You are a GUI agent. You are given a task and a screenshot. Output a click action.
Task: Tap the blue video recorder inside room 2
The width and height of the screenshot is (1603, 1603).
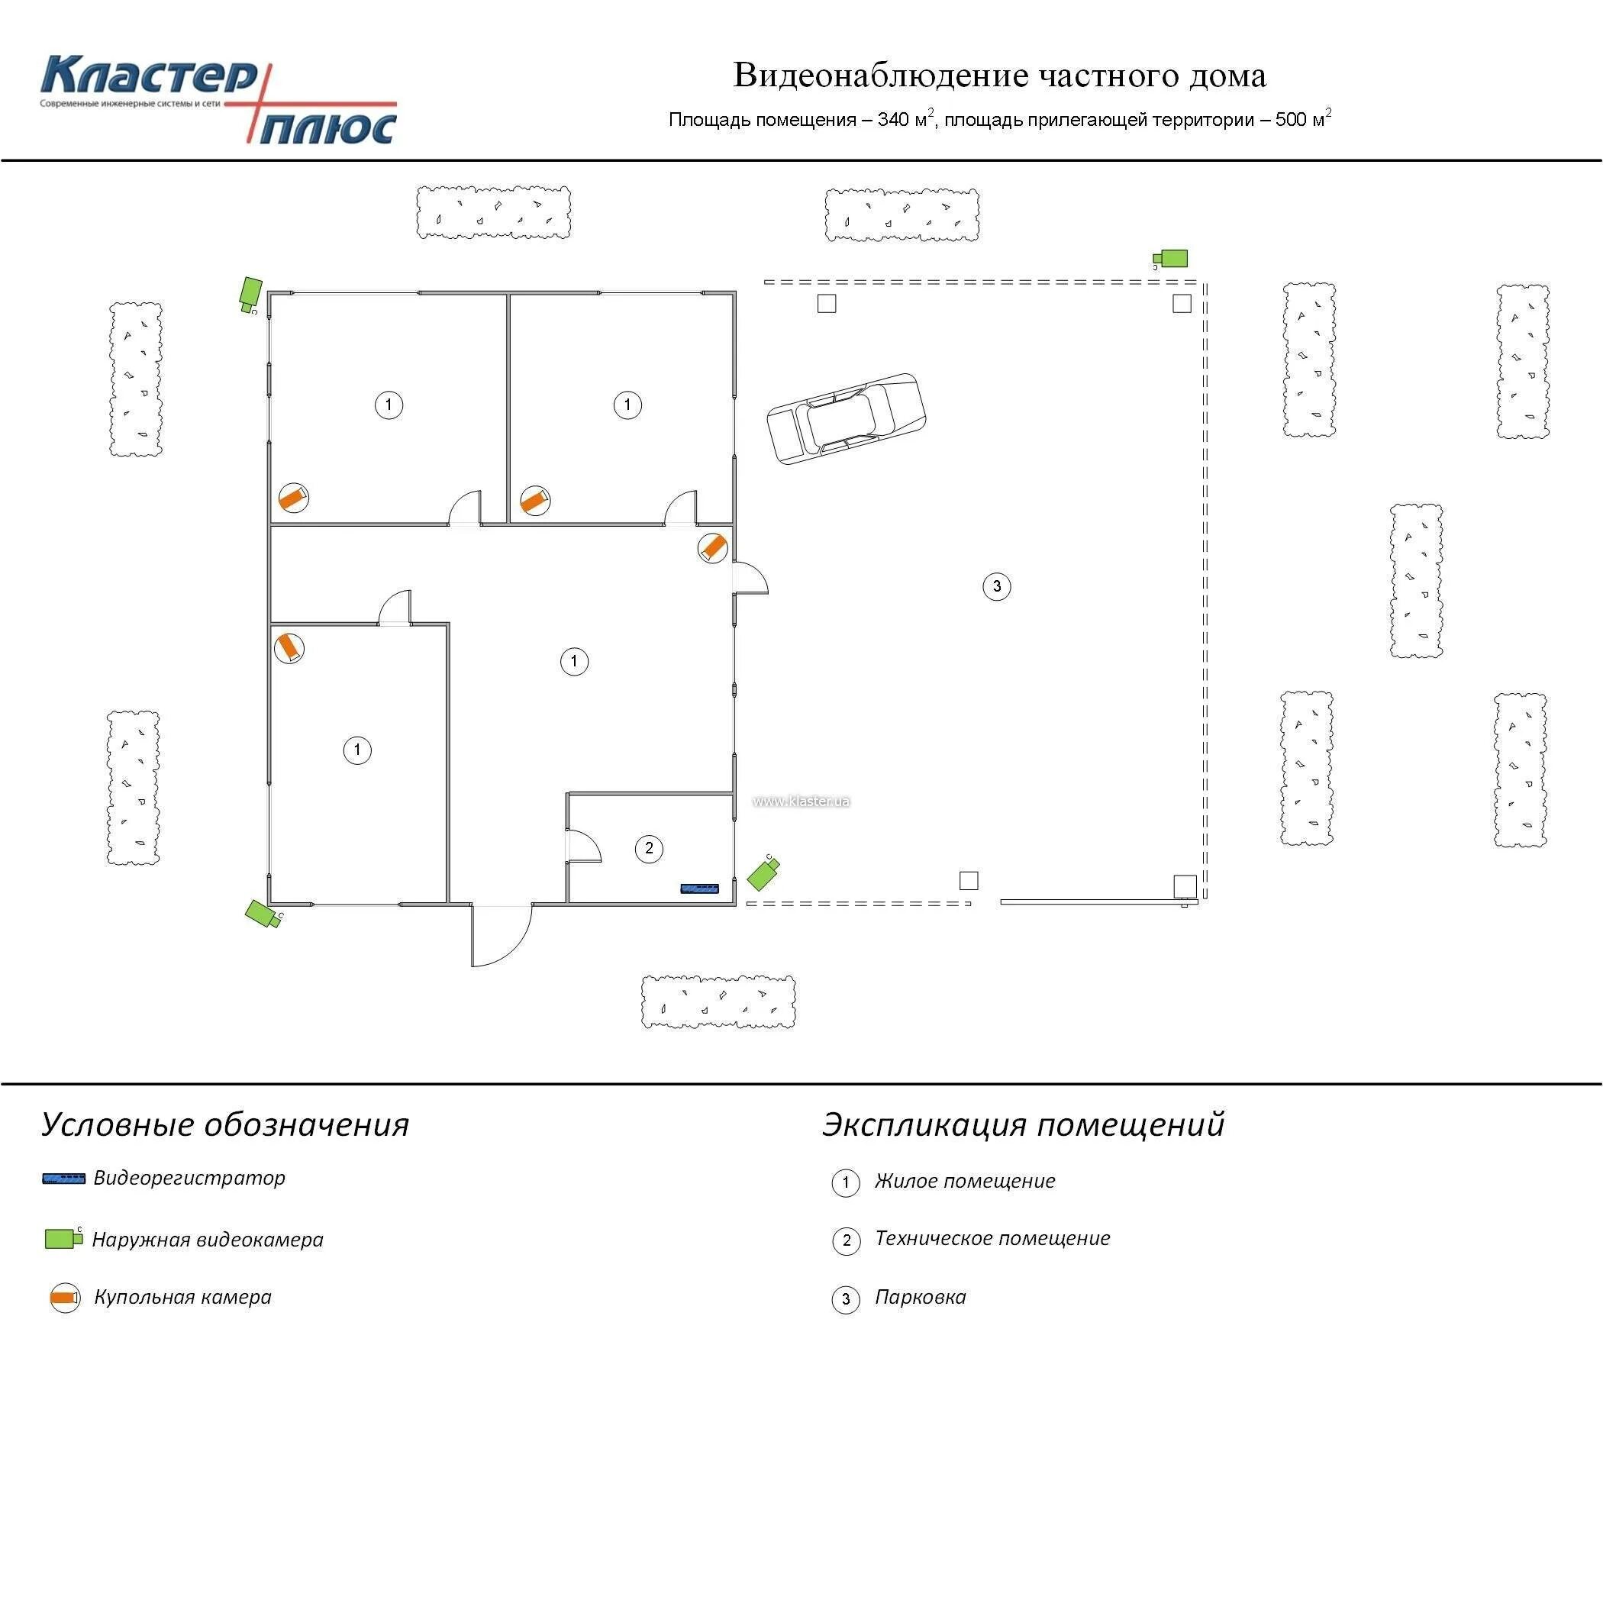[699, 889]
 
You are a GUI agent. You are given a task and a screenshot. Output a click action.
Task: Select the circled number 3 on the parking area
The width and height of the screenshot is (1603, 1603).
[996, 586]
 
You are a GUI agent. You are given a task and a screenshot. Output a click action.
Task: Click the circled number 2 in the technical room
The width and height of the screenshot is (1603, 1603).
[649, 848]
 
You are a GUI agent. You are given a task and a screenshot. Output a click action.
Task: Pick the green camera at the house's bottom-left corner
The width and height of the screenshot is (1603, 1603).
[264, 914]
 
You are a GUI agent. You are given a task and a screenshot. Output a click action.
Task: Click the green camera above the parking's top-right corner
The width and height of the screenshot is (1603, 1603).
[1172, 259]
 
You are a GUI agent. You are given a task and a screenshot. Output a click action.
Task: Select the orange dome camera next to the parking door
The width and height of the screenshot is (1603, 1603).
[713, 548]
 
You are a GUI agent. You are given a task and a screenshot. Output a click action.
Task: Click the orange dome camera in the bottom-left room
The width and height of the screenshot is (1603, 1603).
[289, 648]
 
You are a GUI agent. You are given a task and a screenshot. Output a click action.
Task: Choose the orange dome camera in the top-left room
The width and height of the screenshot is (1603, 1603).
[293, 498]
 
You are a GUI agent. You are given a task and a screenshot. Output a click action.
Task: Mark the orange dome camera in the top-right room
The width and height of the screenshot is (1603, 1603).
[535, 500]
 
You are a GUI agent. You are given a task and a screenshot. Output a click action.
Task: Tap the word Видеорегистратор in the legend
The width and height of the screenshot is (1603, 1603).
[189, 1178]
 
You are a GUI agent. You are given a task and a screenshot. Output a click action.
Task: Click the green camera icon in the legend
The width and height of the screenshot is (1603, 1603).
[63, 1239]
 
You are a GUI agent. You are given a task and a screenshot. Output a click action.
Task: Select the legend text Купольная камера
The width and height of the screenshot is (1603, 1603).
[182, 1298]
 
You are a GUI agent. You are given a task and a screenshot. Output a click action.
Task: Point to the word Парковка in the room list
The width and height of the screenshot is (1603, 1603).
[920, 1298]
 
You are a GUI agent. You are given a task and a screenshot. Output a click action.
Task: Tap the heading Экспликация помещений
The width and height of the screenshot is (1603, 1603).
[1023, 1125]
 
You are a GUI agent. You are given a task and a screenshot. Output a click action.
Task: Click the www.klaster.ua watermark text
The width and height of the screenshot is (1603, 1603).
[801, 801]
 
